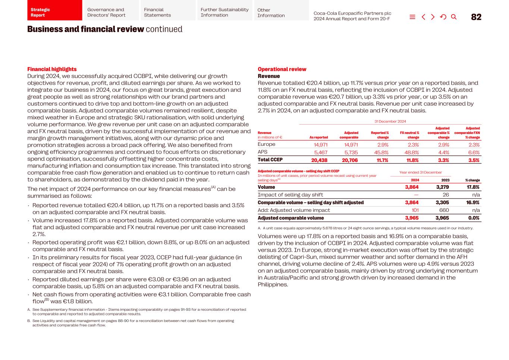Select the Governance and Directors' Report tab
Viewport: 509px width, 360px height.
[111, 12]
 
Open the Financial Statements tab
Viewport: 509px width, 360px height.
[167, 12]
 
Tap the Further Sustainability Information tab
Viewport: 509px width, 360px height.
[224, 12]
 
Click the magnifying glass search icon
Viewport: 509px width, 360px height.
[454, 17]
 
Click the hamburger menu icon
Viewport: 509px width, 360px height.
[412, 17]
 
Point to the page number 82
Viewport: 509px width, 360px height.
[476, 17]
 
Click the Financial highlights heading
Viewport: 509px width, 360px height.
[52, 69]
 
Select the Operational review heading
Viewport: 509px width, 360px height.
[282, 69]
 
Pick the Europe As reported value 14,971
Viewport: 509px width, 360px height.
[320, 145]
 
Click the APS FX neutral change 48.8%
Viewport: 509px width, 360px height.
[411, 152]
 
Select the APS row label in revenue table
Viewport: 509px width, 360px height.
[263, 152]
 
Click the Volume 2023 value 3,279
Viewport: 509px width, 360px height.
[442, 187]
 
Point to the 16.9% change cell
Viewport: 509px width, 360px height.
[473, 203]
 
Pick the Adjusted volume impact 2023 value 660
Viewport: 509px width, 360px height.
[444, 210]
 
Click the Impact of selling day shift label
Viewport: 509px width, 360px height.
[290, 195]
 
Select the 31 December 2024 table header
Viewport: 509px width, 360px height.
[390, 121]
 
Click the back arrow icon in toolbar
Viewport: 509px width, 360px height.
[423, 17]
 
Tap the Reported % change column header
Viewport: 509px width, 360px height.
[380, 135]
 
